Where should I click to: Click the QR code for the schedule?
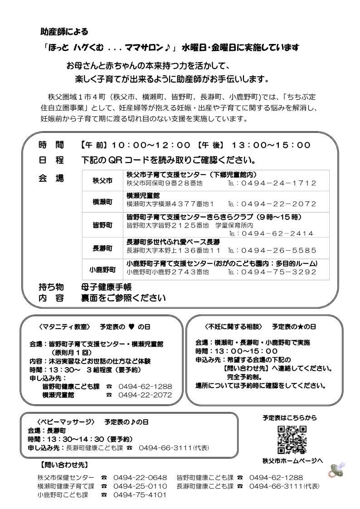click(292, 440)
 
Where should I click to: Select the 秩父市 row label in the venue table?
click(102, 180)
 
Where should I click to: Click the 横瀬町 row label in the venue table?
click(102, 202)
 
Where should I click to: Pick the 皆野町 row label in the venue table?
click(102, 225)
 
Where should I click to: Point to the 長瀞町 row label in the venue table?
click(102, 247)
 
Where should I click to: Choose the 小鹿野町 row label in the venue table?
click(102, 269)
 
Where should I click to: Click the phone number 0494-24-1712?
click(278, 183)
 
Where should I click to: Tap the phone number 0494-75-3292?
click(278, 272)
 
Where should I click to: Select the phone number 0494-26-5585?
click(278, 250)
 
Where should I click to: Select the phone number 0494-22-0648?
click(140, 477)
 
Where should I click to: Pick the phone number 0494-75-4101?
click(140, 494)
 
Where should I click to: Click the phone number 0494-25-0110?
click(140, 486)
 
